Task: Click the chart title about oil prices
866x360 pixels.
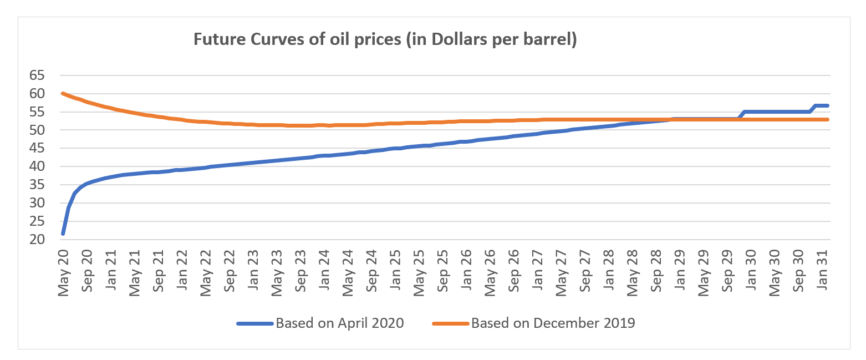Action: coord(385,40)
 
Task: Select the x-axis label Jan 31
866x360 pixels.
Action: coord(823,270)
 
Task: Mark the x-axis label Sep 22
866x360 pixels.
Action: coord(229,271)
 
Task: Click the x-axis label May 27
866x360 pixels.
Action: coord(562,271)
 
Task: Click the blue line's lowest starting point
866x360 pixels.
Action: coord(63,234)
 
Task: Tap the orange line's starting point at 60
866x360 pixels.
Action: coord(63,93)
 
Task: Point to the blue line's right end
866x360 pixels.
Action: coord(827,105)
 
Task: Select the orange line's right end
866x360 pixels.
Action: coord(827,119)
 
